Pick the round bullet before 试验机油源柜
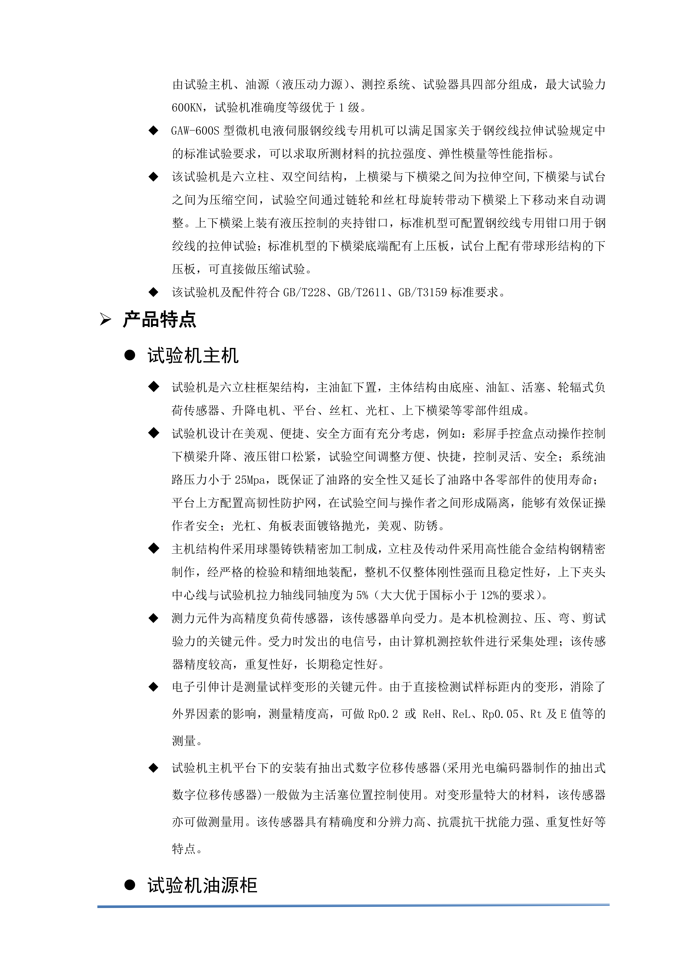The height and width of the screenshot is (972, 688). click(x=130, y=885)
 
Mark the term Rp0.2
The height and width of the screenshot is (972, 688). click(x=383, y=714)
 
